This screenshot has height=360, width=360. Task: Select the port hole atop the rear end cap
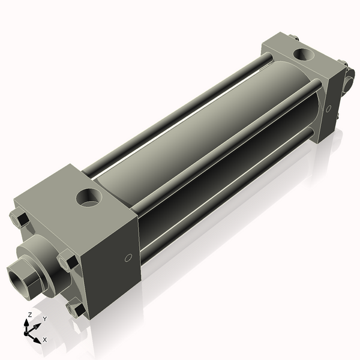301,55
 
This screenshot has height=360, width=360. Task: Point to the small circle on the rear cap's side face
328,109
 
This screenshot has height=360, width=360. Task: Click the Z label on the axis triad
30,314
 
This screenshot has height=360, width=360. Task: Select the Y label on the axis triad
44,319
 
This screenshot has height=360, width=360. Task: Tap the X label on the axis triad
45,340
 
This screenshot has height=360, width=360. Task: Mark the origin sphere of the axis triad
28,331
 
